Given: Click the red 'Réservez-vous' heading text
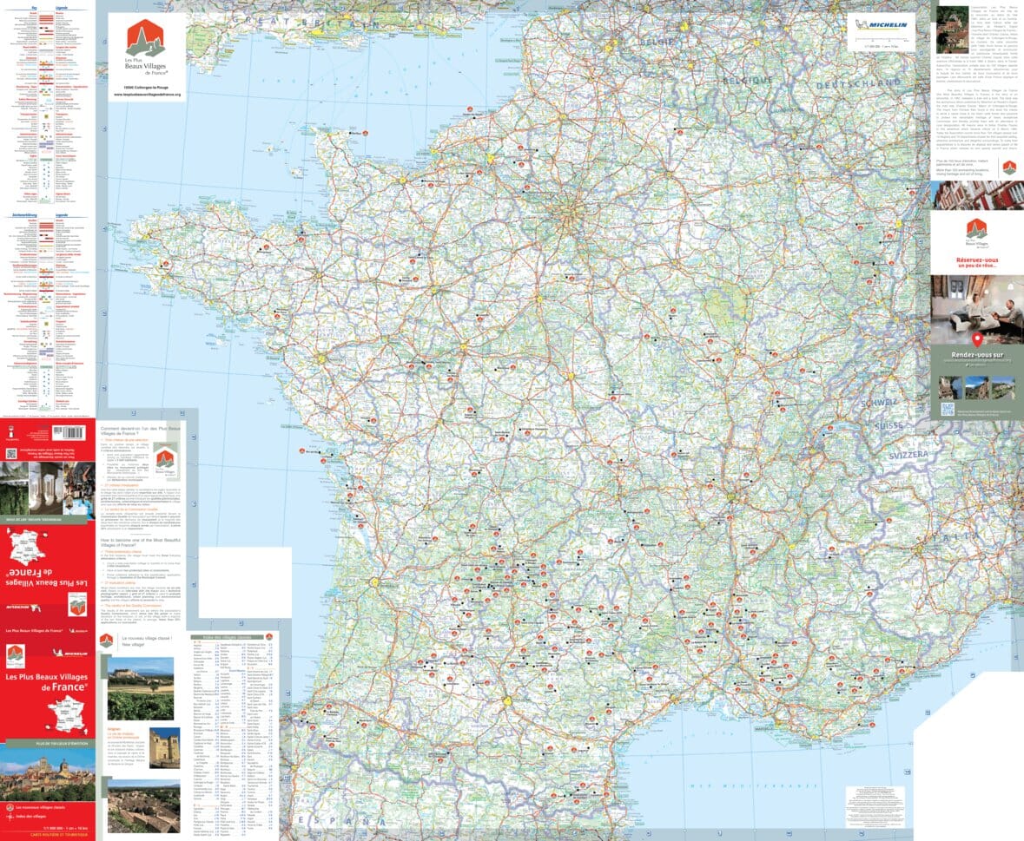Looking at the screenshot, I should [976, 260].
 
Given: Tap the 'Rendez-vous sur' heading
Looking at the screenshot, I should [976, 354].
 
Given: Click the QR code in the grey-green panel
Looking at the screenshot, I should [947, 410].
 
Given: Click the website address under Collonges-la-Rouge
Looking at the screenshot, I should [147, 93].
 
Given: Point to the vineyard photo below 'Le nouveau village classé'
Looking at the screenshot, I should [141, 688].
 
